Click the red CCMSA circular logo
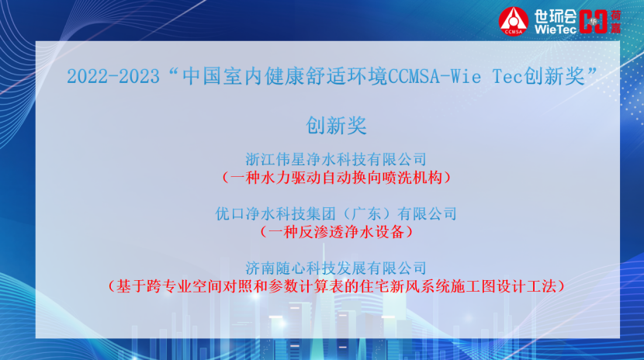click(x=514, y=22)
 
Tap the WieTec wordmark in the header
click(x=556, y=29)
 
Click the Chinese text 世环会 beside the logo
click(x=556, y=16)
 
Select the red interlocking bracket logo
click(x=593, y=22)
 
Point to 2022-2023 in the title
click(x=113, y=77)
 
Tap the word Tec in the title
click(x=507, y=76)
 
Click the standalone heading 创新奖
click(x=336, y=125)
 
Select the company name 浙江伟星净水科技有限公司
click(x=336, y=159)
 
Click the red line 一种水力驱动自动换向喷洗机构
click(x=336, y=178)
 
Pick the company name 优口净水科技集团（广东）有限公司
click(x=336, y=214)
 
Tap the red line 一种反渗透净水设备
click(x=336, y=232)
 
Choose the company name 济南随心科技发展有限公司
click(x=336, y=268)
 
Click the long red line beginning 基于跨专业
click(x=336, y=286)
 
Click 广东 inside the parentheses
click(x=365, y=214)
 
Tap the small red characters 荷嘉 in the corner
click(x=615, y=22)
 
